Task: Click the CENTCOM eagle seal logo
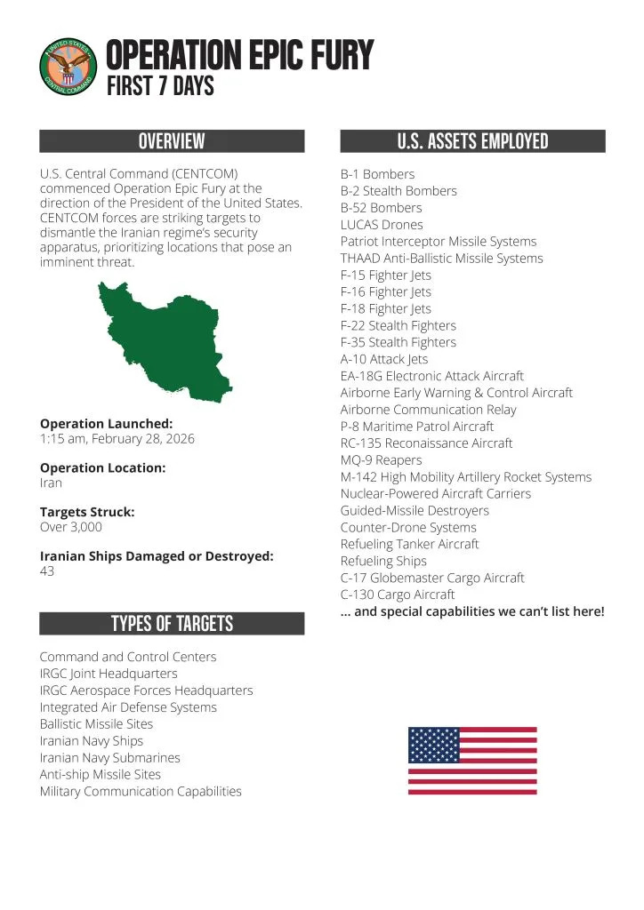[x=68, y=68]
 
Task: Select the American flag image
[x=472, y=760]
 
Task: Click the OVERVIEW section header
[x=172, y=141]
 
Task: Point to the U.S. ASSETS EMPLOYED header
[x=472, y=141]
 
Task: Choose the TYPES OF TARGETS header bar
[x=172, y=624]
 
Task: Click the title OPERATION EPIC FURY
[x=239, y=55]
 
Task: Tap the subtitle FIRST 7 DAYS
[x=160, y=87]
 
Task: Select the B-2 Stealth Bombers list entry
[x=398, y=191]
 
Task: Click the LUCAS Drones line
[x=382, y=225]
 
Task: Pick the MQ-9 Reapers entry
[x=381, y=460]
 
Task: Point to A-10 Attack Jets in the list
[x=384, y=359]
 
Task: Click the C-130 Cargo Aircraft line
[x=398, y=595]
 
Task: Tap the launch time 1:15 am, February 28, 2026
[x=117, y=439]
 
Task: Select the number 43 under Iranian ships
[x=47, y=571]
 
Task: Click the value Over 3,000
[x=71, y=527]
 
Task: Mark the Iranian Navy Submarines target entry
[x=109, y=758]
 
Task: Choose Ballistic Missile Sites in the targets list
[x=96, y=724]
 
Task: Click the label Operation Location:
[x=103, y=468]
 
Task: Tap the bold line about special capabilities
[x=472, y=611]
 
